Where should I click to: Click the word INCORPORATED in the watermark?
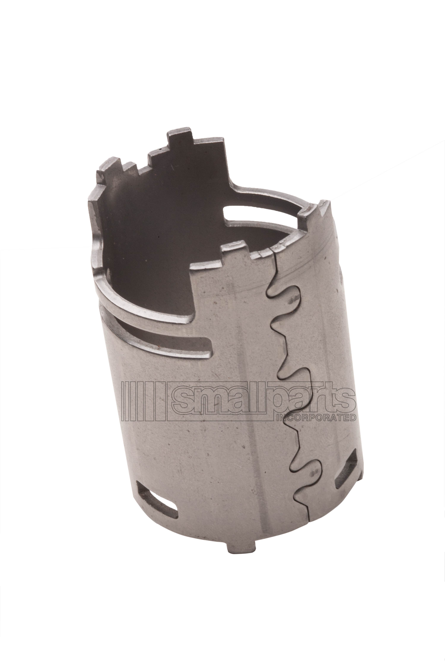(x=316, y=417)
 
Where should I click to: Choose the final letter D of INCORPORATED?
(x=353, y=417)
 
